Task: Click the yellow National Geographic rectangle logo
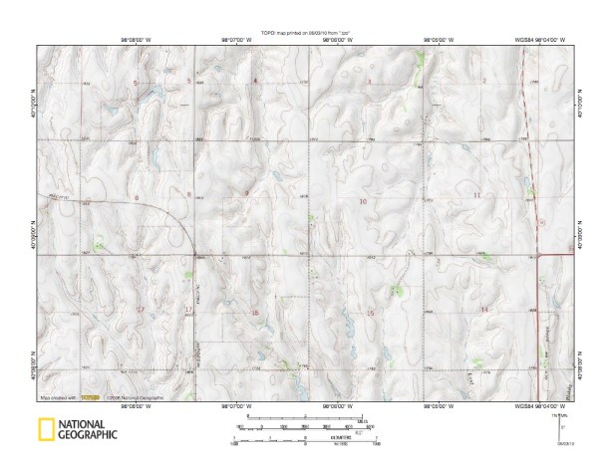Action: pos(46,431)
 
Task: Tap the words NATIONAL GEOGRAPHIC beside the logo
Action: pos(89,431)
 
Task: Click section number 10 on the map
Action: pos(362,201)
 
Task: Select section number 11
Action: pos(476,195)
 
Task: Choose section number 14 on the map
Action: pos(484,311)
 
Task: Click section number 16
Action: pos(255,314)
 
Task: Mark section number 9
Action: pos(246,192)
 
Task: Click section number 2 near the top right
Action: pos(484,80)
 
